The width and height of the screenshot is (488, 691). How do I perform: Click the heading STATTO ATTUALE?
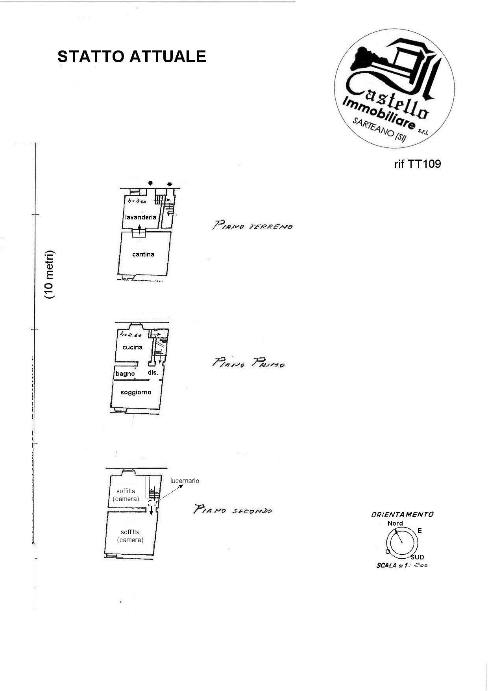(132, 57)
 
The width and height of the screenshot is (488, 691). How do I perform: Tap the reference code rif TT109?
(418, 164)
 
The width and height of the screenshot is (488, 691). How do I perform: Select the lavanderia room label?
(140, 217)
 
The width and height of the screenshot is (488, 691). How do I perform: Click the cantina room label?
(143, 254)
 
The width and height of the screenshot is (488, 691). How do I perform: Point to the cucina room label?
(132, 347)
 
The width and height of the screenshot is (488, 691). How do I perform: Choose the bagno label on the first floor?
(125, 373)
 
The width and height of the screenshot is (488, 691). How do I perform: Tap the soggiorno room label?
(136, 392)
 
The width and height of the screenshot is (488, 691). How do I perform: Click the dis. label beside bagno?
(153, 372)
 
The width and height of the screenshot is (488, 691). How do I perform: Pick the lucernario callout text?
(185, 481)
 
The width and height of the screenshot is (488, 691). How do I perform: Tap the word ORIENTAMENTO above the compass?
(402, 514)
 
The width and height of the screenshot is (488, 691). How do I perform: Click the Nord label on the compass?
(395, 523)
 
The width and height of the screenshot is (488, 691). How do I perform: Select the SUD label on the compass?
(417, 557)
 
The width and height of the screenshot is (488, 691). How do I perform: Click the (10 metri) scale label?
(50, 275)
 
